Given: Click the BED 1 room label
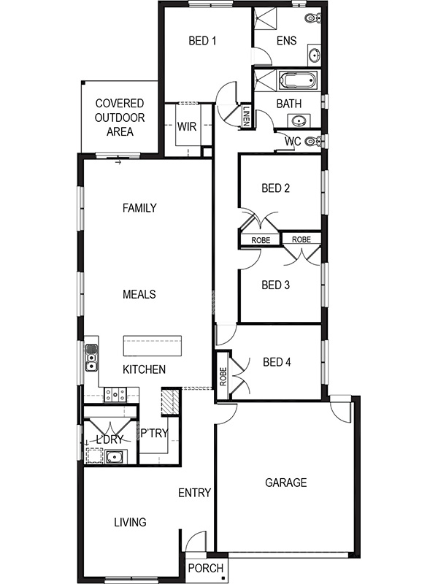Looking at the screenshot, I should (202, 41).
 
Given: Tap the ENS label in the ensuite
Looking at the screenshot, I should (286, 41).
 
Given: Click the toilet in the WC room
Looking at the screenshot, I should (312, 141).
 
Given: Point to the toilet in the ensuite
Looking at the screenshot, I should (312, 18).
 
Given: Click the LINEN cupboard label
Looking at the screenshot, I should (247, 117).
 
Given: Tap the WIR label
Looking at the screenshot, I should (187, 126).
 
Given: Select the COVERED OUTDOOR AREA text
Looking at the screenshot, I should (119, 118).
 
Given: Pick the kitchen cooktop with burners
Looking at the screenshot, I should (114, 395).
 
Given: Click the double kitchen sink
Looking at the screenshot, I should (91, 357).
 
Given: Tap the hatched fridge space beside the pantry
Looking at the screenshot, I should (169, 401).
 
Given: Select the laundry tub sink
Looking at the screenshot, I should (113, 458).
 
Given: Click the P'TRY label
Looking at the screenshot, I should (154, 434).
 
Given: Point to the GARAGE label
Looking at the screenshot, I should (285, 483).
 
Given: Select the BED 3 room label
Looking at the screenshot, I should (275, 285).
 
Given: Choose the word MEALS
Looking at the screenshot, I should (139, 294).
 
